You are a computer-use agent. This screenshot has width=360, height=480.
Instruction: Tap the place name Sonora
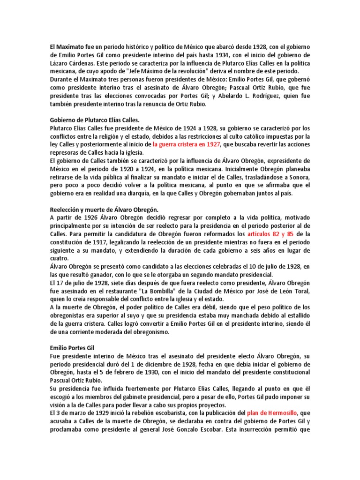(297, 176)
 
